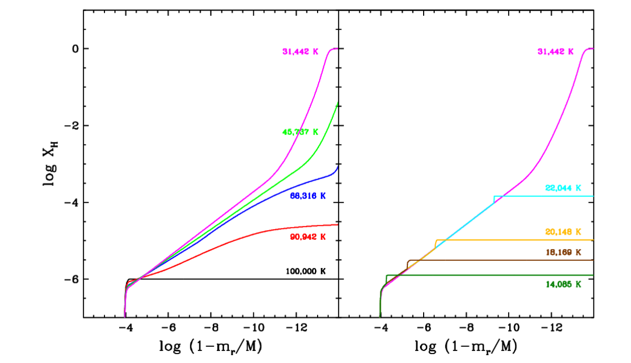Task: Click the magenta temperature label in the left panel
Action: click(300, 52)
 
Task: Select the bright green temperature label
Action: click(300, 132)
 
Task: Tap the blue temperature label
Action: click(308, 196)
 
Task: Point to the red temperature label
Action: click(308, 237)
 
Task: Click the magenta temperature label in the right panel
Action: click(555, 52)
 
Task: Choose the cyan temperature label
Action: click(563, 188)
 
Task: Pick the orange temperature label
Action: click(563, 232)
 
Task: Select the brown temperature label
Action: click(563, 253)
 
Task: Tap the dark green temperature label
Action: click(563, 284)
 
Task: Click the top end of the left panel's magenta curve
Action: click(336, 48)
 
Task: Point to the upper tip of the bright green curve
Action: click(337, 102)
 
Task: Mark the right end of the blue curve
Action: click(337, 166)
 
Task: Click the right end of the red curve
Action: click(337, 224)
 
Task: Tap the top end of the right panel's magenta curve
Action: click(592, 48)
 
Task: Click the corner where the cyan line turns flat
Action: click(494, 197)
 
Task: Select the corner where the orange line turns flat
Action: click(436, 240)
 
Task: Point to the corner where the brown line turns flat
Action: click(409, 260)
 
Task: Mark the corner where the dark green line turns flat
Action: click(387, 275)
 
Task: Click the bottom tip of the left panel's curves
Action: click(125, 317)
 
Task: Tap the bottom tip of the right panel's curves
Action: click(379, 317)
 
